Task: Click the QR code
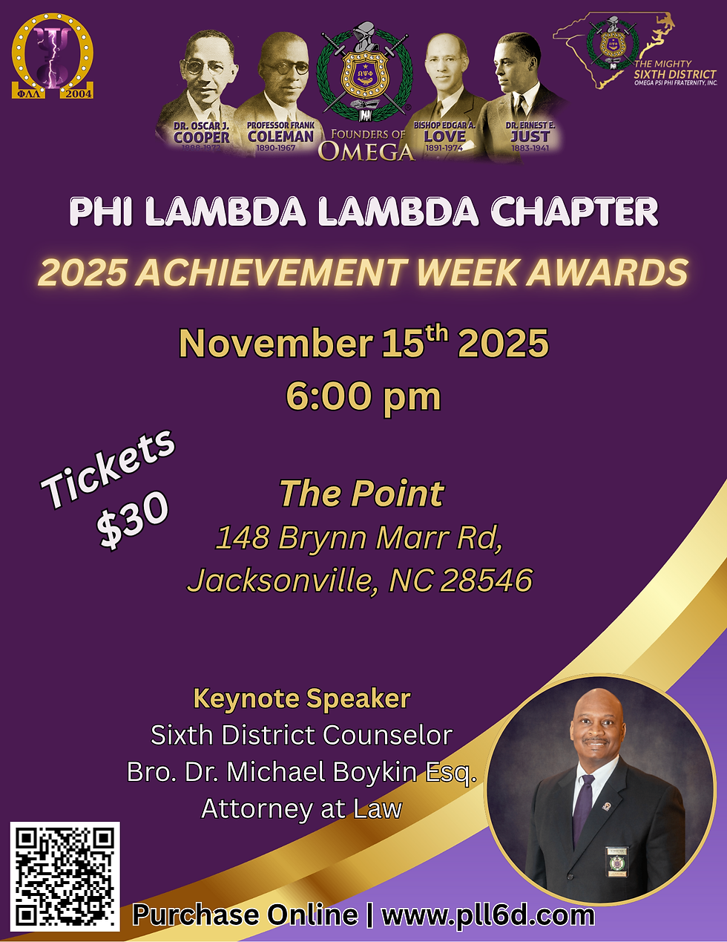[65, 876]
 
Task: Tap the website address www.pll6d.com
[488, 915]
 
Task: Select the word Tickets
[108, 468]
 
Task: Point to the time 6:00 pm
[363, 396]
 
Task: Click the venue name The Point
[361, 494]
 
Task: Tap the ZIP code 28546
[486, 580]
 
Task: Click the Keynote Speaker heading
[301, 698]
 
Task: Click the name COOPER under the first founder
[202, 137]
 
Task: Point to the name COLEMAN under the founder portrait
[280, 137]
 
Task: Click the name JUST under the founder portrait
[530, 137]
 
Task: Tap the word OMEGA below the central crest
[366, 152]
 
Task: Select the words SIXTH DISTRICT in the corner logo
[674, 74]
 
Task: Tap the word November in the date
[276, 344]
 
